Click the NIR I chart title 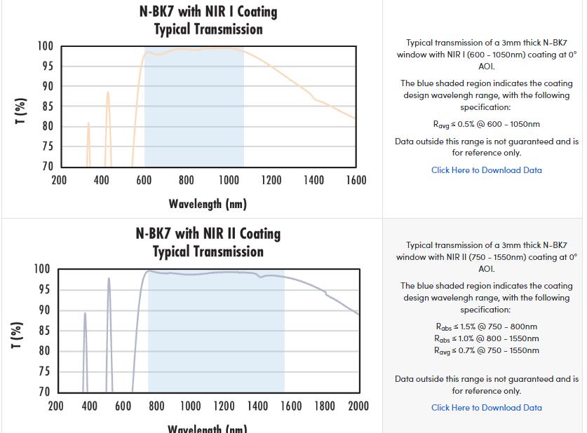click(208, 20)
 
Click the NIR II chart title click(208, 242)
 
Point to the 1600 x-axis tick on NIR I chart click(356, 181)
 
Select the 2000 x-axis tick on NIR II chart click(358, 406)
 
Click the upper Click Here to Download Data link click(486, 170)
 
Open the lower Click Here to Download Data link click(486, 408)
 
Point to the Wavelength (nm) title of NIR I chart click(208, 204)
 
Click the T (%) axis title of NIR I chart click(21, 111)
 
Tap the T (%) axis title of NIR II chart click(18, 335)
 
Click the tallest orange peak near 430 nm click(108, 92)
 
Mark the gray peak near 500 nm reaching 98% click(109, 279)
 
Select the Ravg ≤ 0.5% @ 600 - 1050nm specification click(486, 125)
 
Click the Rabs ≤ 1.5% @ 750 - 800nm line click(486, 327)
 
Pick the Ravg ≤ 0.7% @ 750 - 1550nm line click(486, 350)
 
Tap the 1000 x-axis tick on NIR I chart click(229, 181)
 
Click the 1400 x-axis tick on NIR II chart click(257, 406)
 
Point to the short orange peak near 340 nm click(88, 124)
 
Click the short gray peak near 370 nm click(85, 314)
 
